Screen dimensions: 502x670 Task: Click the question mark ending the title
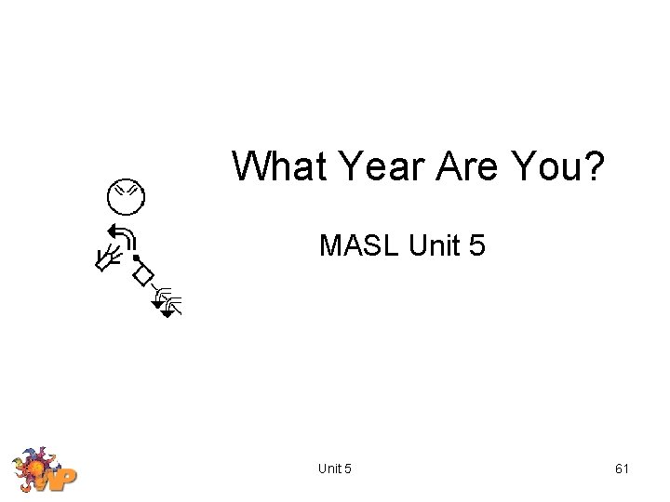(596, 167)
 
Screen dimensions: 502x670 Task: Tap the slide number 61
(622, 469)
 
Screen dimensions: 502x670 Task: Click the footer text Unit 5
(334, 469)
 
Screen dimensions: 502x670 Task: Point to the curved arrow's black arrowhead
(111, 231)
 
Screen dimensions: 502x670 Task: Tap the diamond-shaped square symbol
(142, 275)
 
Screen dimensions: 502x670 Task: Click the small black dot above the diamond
(136, 258)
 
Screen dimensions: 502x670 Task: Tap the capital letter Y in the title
(352, 167)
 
